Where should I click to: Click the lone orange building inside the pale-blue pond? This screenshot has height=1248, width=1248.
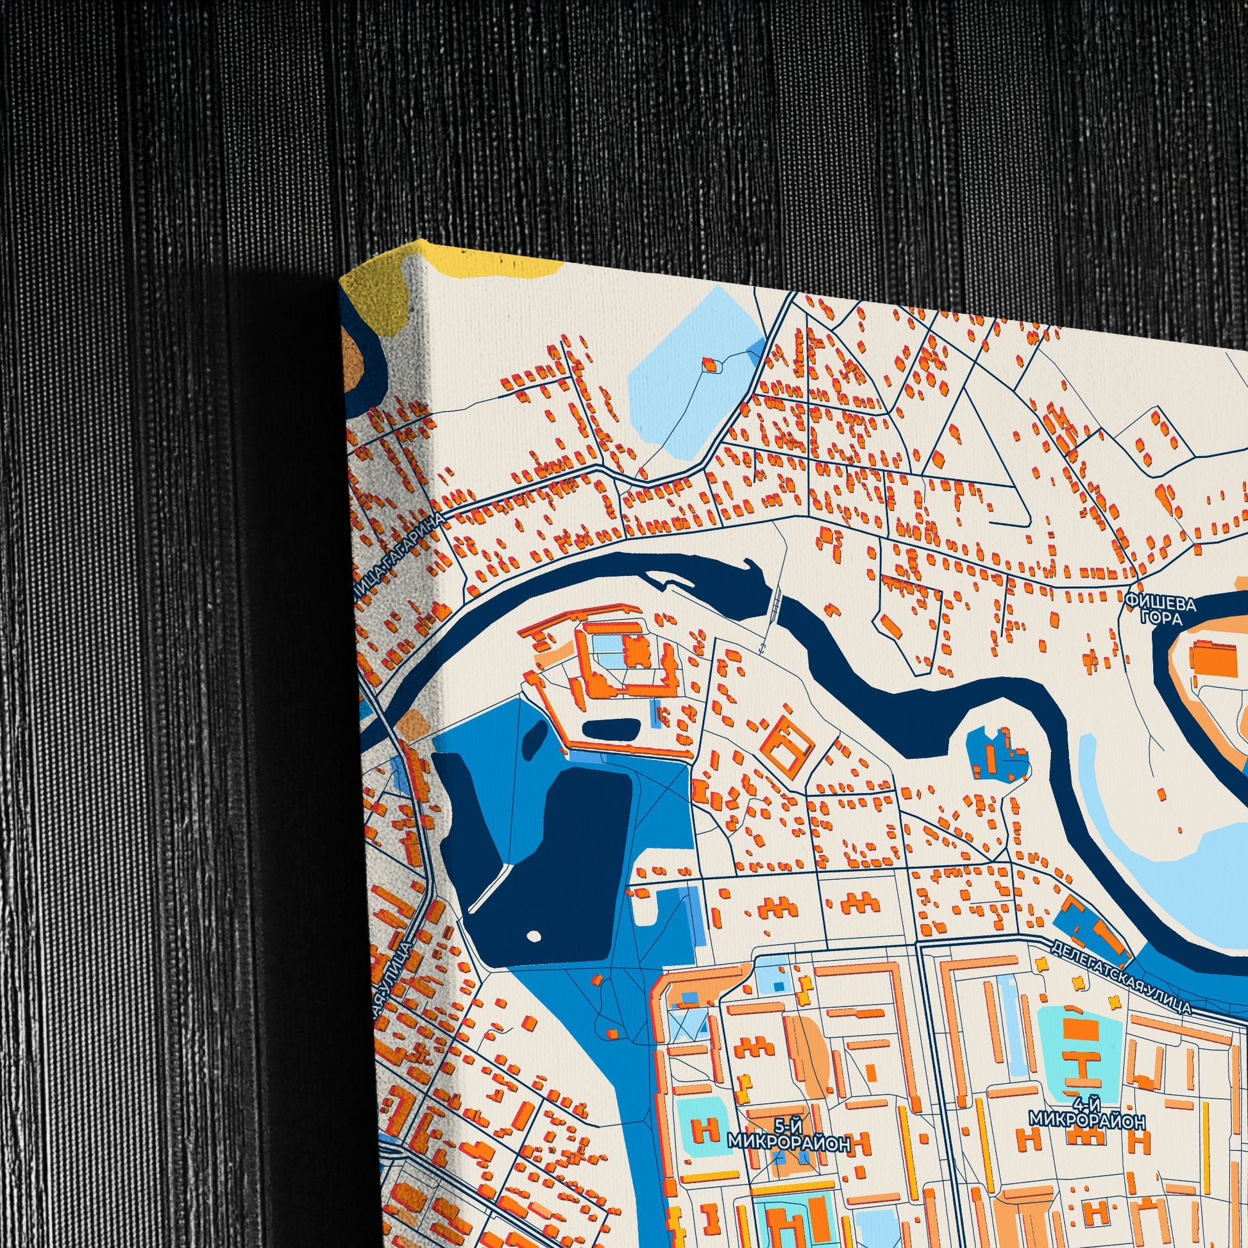click(x=710, y=365)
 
